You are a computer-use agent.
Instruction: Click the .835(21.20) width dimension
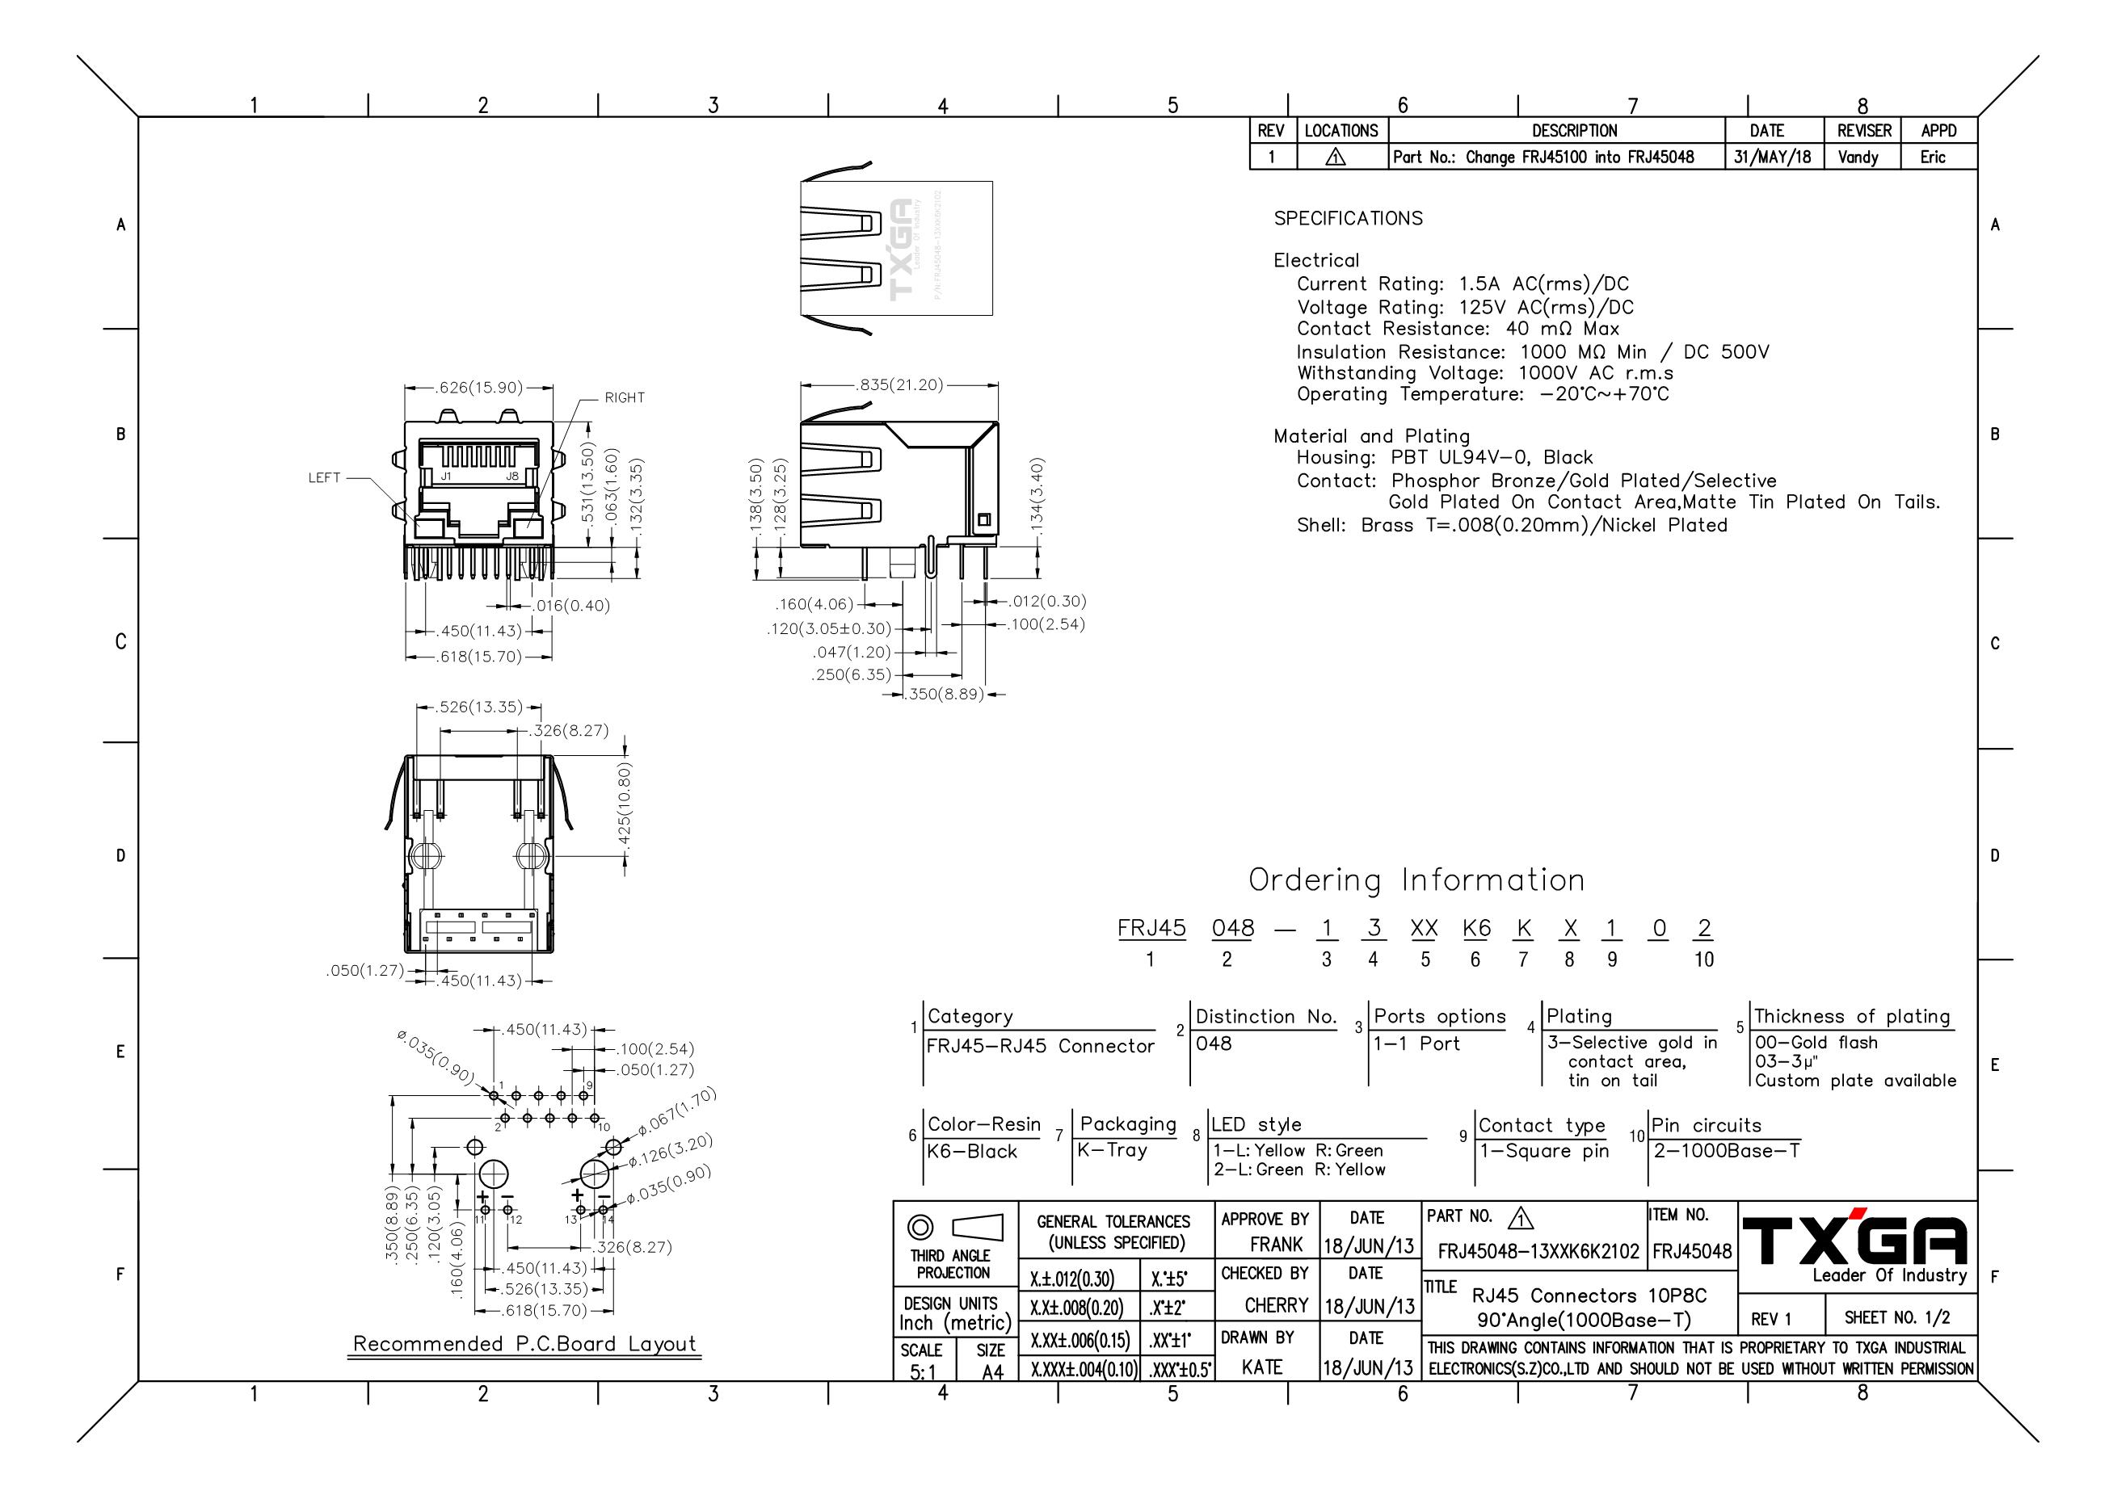(900, 385)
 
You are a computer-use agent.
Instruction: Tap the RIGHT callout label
(625, 398)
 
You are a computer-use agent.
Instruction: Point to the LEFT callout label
(325, 477)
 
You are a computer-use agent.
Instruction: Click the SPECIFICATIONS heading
(1348, 218)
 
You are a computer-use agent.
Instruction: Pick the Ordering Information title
(1416, 880)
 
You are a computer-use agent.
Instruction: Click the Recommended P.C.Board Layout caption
(524, 1344)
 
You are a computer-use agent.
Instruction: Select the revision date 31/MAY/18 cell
(1772, 157)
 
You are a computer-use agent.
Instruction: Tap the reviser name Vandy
(1858, 157)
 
